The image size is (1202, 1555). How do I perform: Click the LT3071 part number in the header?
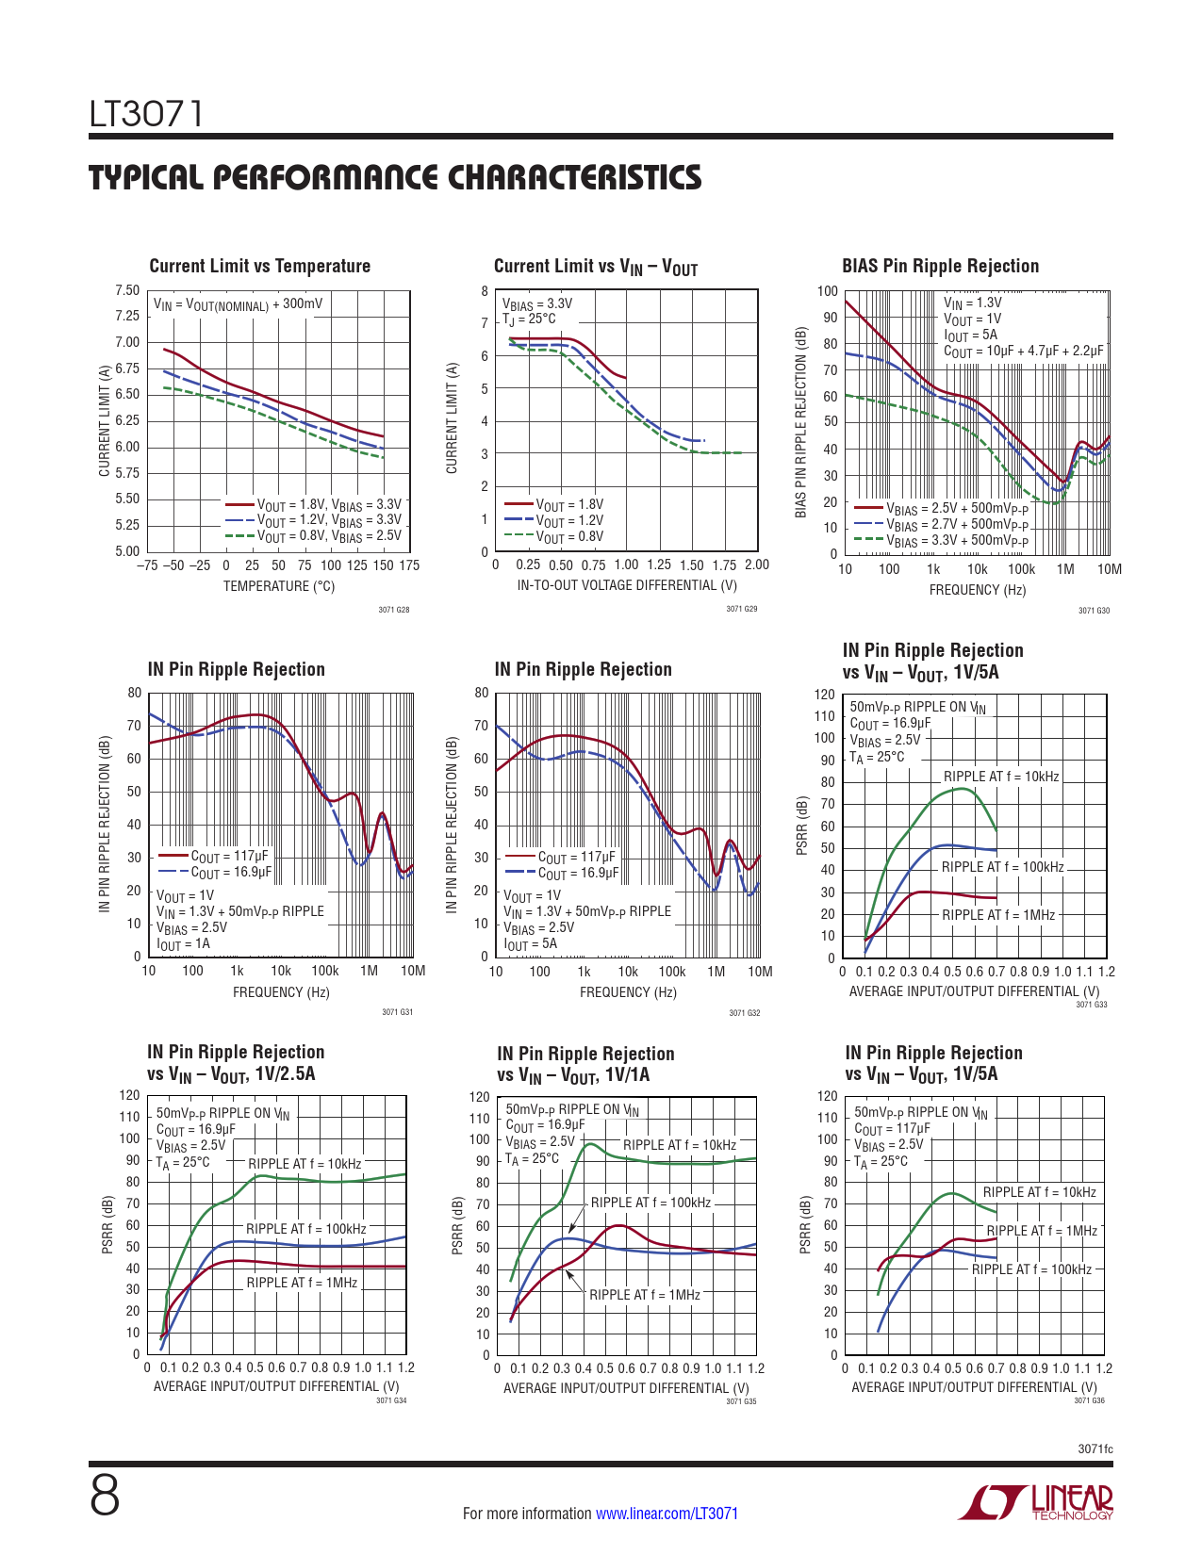pyautogui.click(x=146, y=114)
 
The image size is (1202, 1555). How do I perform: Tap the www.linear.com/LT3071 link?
pyautogui.click(x=667, y=1513)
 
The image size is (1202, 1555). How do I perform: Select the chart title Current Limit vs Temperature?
pyautogui.click(x=260, y=266)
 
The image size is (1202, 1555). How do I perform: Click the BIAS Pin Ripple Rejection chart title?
pyautogui.click(x=940, y=266)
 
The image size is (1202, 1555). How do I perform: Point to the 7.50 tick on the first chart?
pyautogui.click(x=127, y=290)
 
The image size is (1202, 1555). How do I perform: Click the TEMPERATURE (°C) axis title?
pyautogui.click(x=278, y=586)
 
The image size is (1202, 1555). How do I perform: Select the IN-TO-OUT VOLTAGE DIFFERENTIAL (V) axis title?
pyautogui.click(x=626, y=585)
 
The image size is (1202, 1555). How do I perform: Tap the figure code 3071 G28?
pyautogui.click(x=394, y=610)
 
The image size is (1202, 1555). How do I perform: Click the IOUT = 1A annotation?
pyautogui.click(x=183, y=944)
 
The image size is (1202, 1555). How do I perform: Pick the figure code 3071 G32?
pyautogui.click(x=745, y=1012)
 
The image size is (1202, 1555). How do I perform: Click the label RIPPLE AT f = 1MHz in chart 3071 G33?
pyautogui.click(x=998, y=914)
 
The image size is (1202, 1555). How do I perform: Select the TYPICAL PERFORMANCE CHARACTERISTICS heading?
pyautogui.click(x=395, y=177)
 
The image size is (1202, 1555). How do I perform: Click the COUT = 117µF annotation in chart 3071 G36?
pyautogui.click(x=892, y=1128)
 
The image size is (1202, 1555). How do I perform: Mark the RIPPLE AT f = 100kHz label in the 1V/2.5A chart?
pyautogui.click(x=305, y=1229)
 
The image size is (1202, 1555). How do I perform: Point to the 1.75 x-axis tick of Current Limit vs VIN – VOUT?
pyautogui.click(x=724, y=565)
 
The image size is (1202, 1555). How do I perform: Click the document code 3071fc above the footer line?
pyautogui.click(x=1095, y=1449)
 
